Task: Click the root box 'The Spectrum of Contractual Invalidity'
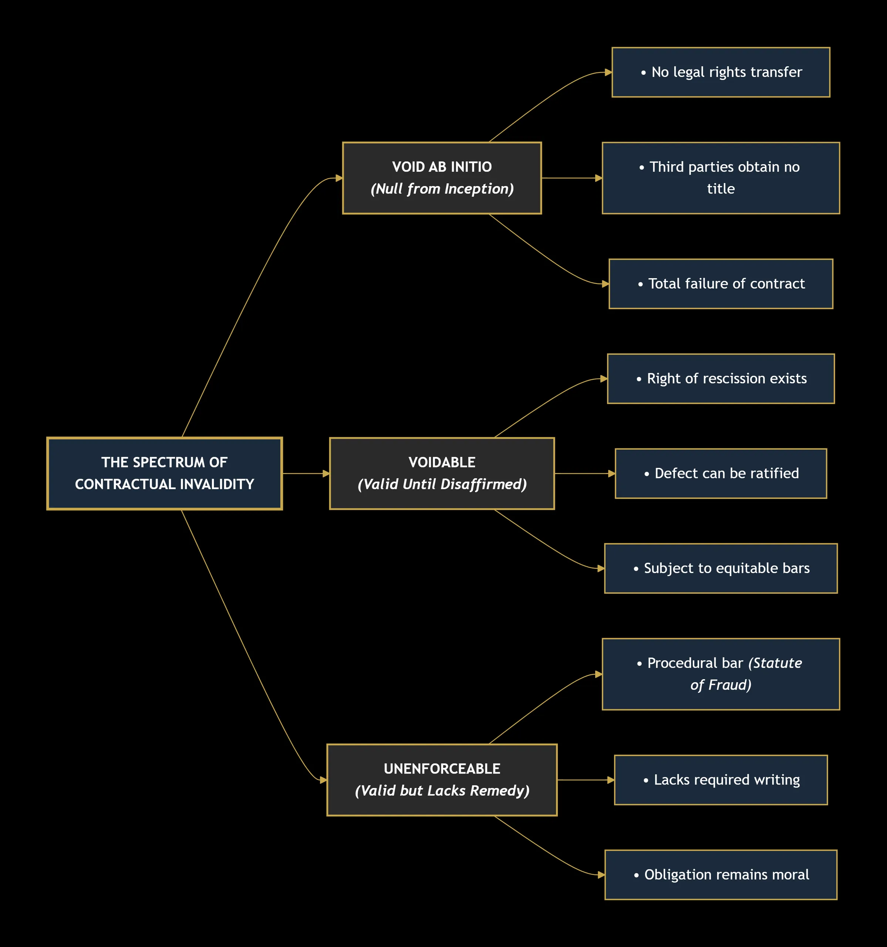164,473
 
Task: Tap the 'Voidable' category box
442,473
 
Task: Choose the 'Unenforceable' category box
442,780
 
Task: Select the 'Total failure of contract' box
721,284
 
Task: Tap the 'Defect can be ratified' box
721,473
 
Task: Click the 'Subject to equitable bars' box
721,568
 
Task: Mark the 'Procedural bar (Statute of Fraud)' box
721,674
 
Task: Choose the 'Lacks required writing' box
721,780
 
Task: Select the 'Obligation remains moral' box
721,874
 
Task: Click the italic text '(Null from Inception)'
442,189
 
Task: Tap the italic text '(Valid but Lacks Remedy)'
442,791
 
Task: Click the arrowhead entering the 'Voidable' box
326,473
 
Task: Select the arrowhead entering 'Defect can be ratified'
612,473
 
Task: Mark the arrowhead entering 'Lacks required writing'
611,780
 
